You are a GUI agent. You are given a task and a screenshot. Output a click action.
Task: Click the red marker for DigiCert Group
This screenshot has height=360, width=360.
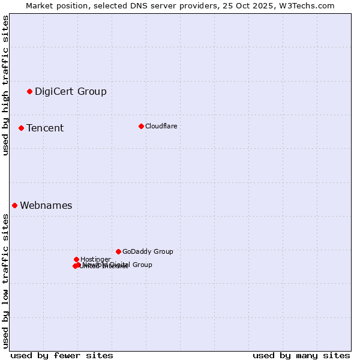(x=29, y=91)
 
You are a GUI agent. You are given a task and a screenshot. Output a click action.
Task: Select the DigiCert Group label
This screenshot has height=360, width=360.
(x=71, y=92)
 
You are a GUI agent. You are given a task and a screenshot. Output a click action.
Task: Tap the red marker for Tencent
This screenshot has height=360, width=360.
(x=21, y=128)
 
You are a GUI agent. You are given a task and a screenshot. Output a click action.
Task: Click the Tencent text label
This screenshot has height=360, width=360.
(x=45, y=128)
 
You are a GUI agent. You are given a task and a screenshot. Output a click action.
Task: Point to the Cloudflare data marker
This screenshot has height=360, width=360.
(x=141, y=126)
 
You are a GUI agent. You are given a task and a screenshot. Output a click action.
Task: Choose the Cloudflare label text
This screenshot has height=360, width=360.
(x=161, y=126)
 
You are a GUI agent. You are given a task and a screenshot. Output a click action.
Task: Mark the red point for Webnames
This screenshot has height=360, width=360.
(x=14, y=205)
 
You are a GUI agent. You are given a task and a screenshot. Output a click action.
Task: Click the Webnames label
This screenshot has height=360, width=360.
(x=46, y=206)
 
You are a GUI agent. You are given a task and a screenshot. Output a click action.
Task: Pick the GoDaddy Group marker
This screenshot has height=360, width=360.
(x=118, y=251)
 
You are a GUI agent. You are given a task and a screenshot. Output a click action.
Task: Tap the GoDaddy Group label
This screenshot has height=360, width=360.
(x=148, y=252)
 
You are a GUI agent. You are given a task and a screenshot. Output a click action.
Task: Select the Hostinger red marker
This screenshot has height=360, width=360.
(x=76, y=259)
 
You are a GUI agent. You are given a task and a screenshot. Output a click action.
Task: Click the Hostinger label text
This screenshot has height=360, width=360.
(x=95, y=260)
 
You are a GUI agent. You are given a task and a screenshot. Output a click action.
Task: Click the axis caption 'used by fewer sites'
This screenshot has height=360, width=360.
(x=62, y=355)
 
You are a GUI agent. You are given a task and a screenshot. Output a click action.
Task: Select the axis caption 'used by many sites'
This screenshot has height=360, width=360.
(x=301, y=355)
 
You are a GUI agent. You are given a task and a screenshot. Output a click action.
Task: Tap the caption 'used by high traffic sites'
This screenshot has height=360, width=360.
(x=6, y=85)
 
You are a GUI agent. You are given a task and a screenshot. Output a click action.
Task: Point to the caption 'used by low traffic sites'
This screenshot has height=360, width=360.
(x=6, y=281)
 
